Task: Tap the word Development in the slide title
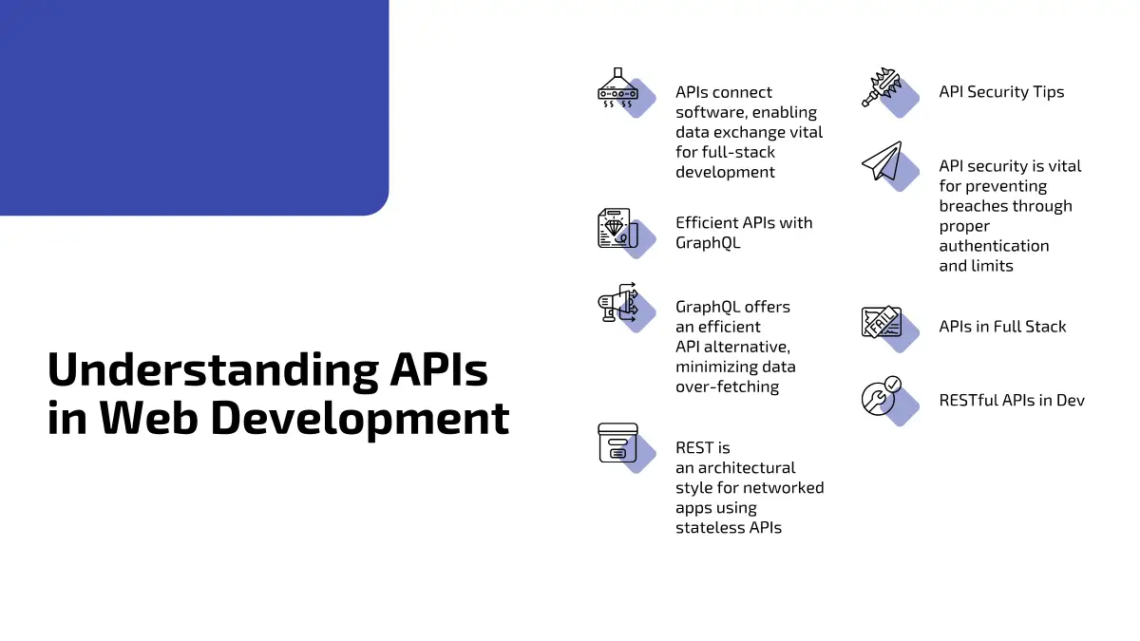359,418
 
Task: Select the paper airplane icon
882,161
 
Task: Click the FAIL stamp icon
882,322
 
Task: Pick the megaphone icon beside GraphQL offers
617,302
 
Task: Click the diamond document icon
617,228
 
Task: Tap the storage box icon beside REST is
617,443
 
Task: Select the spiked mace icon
882,87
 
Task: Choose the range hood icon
617,87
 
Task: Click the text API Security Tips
1001,92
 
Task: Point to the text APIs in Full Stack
1002,327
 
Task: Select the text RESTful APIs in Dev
1012,401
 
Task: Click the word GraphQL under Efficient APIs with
708,243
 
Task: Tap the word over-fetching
728,386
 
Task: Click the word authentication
994,246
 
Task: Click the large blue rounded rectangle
195,107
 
